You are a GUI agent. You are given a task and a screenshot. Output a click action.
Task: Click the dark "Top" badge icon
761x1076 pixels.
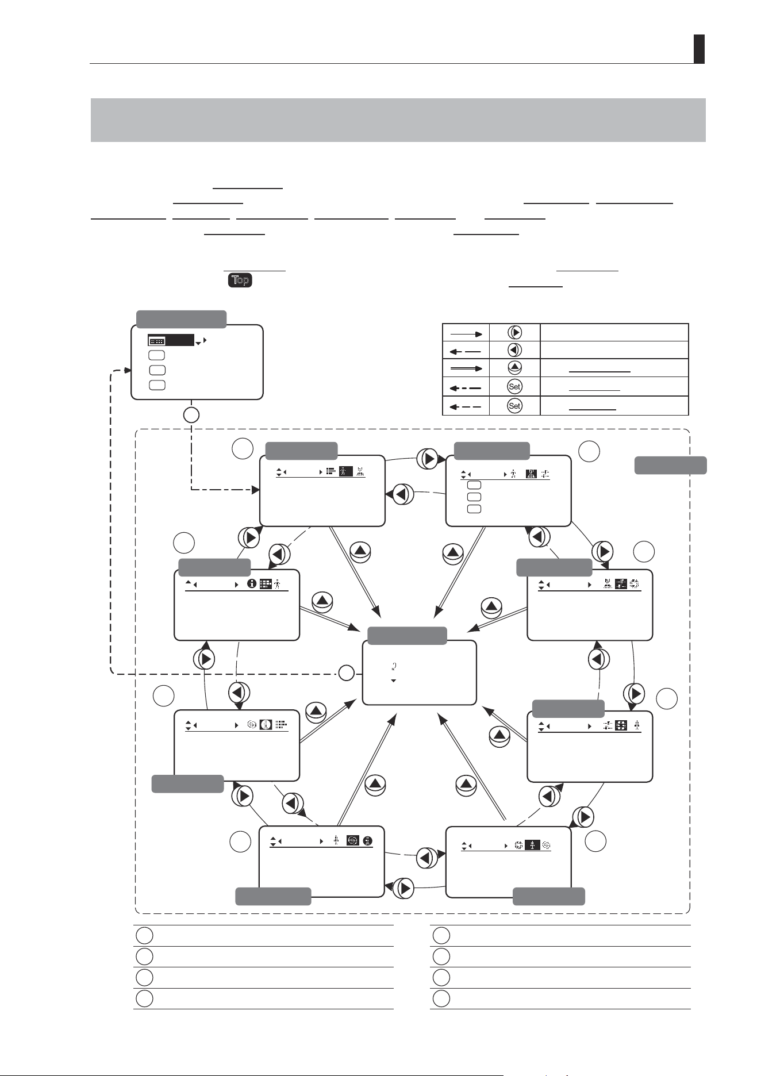(240, 280)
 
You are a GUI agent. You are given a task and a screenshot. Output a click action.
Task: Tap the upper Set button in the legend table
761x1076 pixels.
(514, 387)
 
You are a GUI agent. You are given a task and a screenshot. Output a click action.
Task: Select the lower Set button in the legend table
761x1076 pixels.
(514, 406)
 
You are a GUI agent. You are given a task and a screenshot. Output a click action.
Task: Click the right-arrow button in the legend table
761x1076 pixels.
(514, 333)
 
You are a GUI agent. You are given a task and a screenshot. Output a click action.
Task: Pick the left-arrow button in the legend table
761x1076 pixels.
(514, 349)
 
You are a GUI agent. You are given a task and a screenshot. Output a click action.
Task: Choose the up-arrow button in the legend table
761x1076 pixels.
(514, 368)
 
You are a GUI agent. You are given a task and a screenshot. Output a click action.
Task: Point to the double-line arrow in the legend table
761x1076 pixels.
(466, 368)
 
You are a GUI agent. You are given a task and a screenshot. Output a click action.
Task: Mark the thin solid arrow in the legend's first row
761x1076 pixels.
(466, 333)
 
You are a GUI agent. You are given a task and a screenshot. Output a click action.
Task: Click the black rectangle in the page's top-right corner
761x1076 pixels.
(699, 49)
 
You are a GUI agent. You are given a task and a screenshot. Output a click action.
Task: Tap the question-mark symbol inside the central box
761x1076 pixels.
(394, 667)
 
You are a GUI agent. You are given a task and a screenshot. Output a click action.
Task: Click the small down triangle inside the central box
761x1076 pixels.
(394, 681)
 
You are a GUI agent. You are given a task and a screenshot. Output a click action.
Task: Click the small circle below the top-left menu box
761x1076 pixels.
(191, 414)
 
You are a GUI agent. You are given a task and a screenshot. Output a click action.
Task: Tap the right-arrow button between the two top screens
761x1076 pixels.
(429, 459)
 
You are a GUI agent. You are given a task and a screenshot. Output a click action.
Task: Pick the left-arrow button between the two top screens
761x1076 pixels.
(403, 494)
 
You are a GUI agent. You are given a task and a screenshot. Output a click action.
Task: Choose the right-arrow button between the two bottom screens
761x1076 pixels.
(404, 888)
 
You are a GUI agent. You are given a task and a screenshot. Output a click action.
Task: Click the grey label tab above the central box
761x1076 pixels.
(408, 636)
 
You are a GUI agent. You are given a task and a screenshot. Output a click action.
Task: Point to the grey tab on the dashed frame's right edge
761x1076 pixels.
(671, 465)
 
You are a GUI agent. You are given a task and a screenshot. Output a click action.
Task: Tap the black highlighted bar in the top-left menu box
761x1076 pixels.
(171, 340)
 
